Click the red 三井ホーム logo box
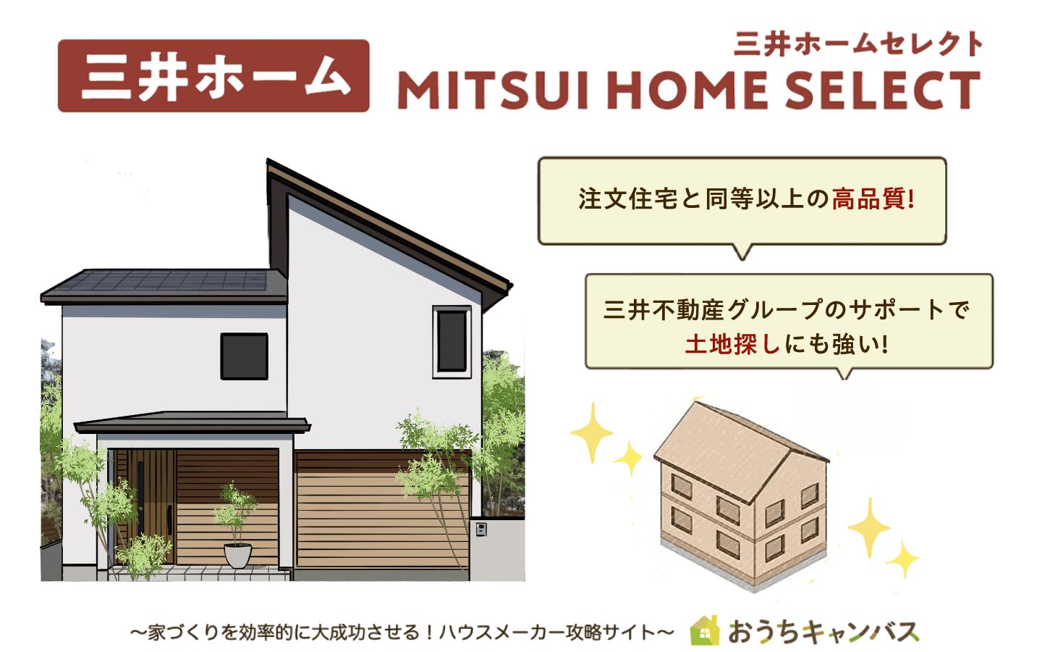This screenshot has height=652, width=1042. click(213, 76)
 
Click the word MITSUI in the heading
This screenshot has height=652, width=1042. click(492, 91)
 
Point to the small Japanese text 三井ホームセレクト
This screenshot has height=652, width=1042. click(858, 44)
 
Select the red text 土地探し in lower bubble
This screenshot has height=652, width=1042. click(732, 344)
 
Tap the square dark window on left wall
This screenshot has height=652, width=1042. click(244, 356)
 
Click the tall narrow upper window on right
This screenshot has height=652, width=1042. click(452, 341)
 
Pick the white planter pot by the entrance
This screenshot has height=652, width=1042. click(237, 555)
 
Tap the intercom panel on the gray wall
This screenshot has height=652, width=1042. click(481, 530)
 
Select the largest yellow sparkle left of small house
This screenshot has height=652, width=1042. click(592, 432)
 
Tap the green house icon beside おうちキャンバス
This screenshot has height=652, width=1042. click(705, 631)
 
